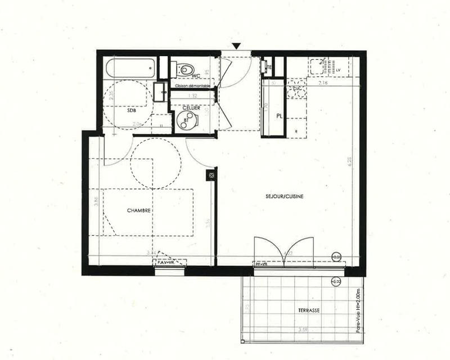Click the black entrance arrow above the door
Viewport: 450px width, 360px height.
pos(236,46)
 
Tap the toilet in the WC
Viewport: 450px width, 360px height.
pos(183,70)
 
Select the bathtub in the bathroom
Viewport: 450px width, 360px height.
pos(130,70)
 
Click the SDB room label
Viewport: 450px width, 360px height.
pos(132,110)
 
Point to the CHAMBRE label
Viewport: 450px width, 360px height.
pos(138,210)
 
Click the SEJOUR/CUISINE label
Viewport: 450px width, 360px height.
pos(284,196)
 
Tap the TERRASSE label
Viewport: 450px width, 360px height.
pos(309,310)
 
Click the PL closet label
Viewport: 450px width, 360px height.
pos(278,116)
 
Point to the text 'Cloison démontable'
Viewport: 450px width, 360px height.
pos(192,85)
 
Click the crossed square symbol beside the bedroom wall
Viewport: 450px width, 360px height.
pos(211,175)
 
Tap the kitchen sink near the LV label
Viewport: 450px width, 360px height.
pos(318,66)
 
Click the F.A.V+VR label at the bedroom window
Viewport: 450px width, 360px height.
pos(165,262)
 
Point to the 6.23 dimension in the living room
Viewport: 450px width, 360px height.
pos(349,161)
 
